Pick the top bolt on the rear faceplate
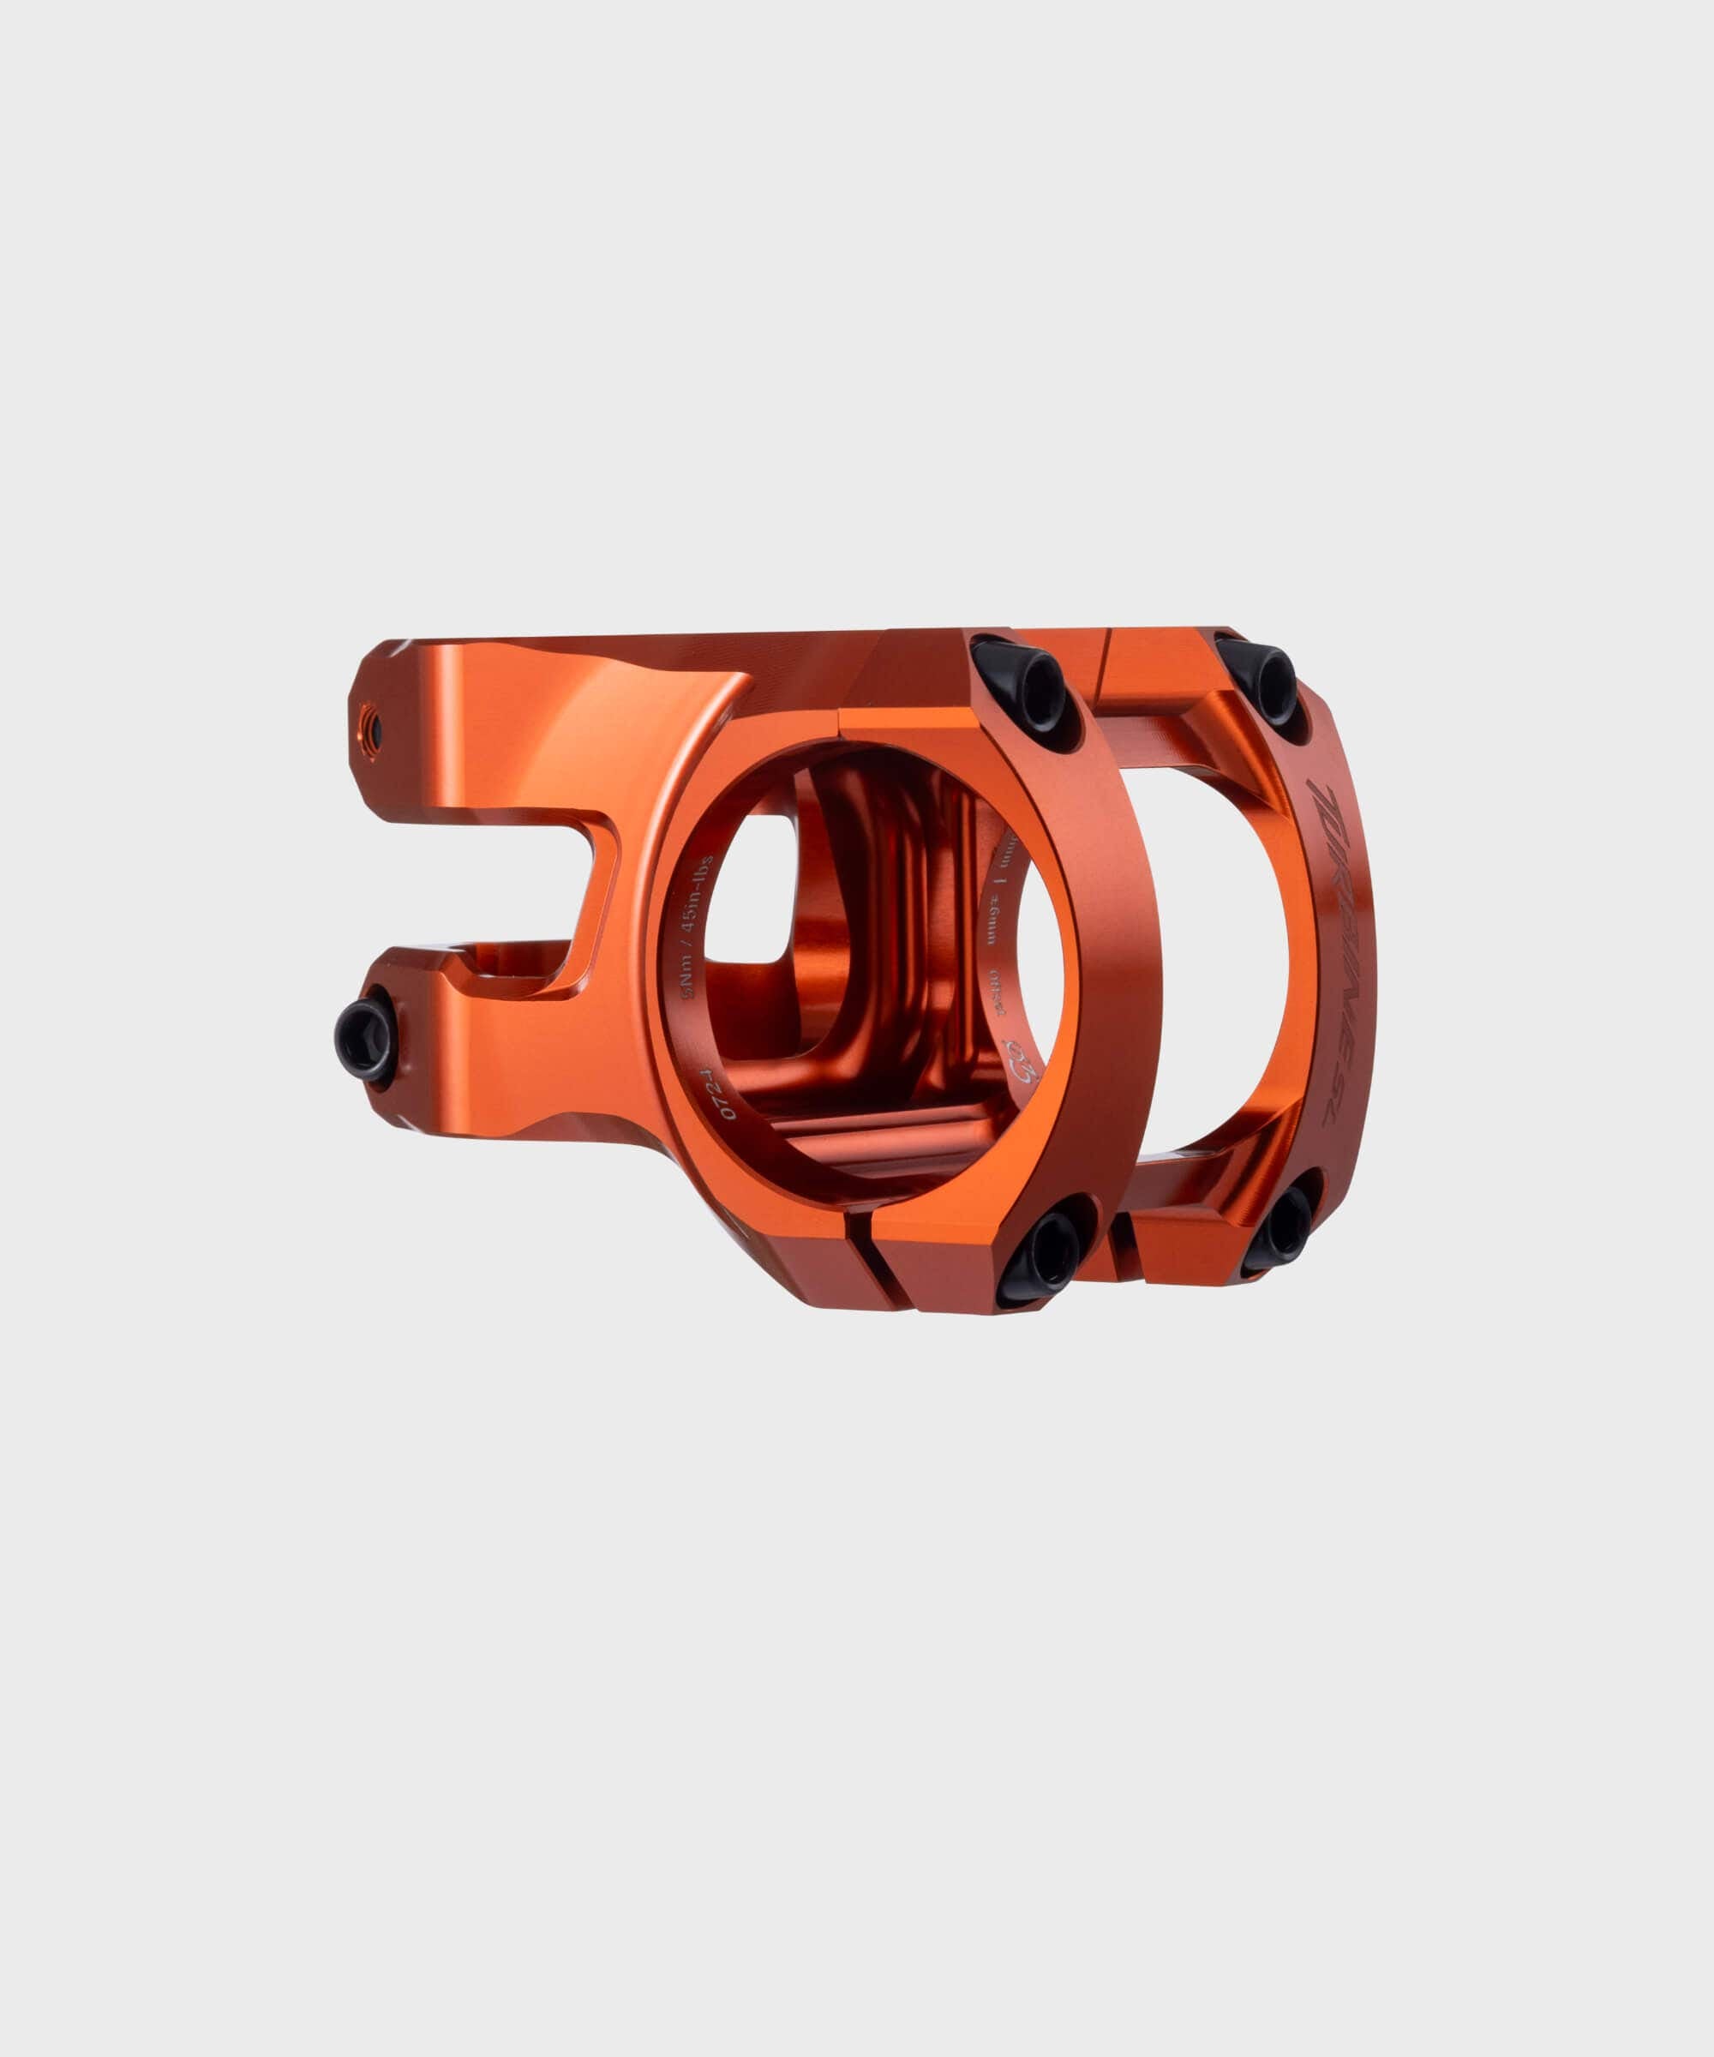[1262, 676]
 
